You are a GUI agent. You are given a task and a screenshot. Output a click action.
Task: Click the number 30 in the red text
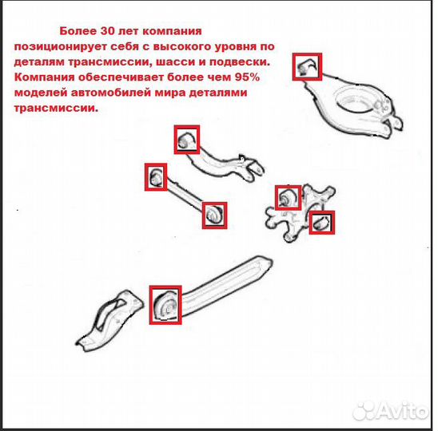107,31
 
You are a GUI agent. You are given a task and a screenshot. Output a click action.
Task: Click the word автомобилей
111,93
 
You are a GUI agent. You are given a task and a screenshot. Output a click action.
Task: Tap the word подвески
240,62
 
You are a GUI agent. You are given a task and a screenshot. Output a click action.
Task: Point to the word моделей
41,93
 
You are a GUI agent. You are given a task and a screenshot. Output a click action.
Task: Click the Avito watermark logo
391,411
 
